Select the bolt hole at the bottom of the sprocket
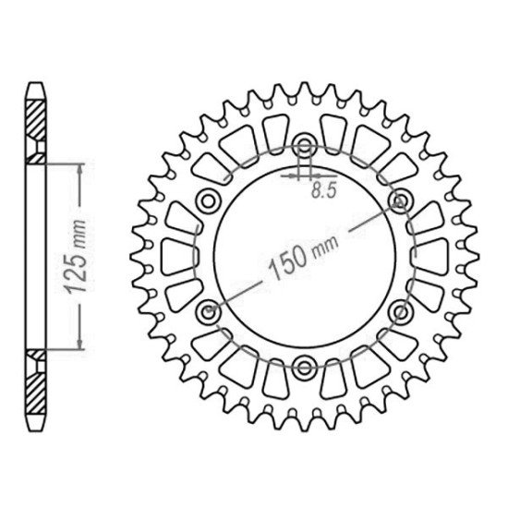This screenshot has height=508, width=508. [x=304, y=368]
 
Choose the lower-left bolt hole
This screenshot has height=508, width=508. [x=206, y=311]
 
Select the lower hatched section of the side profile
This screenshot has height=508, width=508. [x=36, y=381]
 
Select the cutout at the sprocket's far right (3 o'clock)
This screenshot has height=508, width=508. [x=432, y=255]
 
